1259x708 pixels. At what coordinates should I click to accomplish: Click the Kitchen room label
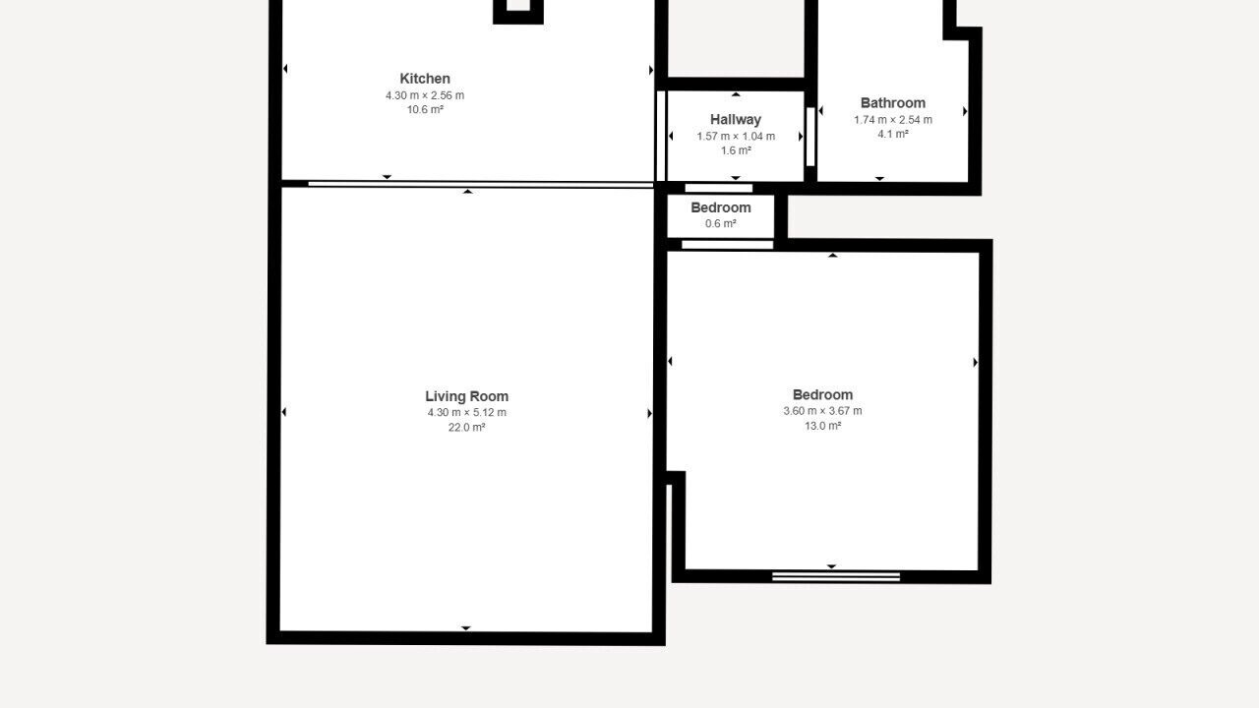coord(425,78)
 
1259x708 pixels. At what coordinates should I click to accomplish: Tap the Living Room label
coord(466,396)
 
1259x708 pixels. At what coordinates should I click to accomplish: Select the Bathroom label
coord(892,103)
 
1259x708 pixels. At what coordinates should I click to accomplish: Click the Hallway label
coord(735,119)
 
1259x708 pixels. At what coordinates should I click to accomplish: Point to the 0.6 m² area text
coord(721,223)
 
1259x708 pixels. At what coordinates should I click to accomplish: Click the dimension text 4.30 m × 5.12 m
coord(466,412)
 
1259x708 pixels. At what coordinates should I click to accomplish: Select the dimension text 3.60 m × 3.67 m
coord(822,411)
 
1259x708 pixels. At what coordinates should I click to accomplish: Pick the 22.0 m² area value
coord(466,427)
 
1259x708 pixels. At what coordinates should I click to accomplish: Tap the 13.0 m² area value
coord(822,426)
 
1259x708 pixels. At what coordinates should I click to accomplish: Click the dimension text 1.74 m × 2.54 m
coord(892,120)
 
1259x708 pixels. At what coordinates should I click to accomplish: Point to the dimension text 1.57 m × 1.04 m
coord(736,136)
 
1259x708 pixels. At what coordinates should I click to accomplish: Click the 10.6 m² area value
coord(425,109)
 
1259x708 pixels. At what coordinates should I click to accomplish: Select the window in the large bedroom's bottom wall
coord(836,576)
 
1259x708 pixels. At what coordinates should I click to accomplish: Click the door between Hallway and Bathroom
coord(810,137)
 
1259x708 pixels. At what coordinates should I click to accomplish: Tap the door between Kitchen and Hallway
coord(661,136)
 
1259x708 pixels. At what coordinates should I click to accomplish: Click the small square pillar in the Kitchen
coord(518,12)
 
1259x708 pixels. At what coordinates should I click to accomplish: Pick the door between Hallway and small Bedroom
coord(718,188)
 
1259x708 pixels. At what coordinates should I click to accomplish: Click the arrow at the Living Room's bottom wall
coord(466,628)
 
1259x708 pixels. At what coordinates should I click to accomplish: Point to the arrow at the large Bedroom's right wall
coord(976,363)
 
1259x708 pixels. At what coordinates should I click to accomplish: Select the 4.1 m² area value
coord(892,134)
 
